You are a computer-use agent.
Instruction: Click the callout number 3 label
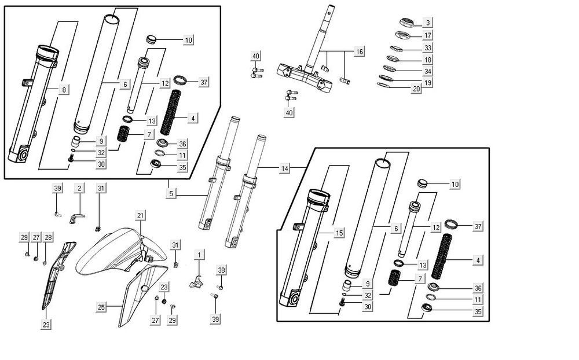(x=427, y=23)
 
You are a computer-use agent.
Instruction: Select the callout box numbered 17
(x=427, y=35)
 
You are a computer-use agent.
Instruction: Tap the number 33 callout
(x=427, y=47)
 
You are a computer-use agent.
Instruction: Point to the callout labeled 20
(x=416, y=89)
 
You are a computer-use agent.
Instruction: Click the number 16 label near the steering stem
(x=360, y=52)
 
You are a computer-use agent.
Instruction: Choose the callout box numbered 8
(x=64, y=89)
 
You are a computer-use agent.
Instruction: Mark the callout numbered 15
(x=339, y=232)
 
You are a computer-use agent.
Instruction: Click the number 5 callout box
(x=171, y=193)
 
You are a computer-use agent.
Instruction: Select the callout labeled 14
(x=284, y=168)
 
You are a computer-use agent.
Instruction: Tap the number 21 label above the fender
(x=140, y=216)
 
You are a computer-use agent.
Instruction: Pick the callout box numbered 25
(x=101, y=307)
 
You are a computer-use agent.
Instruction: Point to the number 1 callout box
(x=199, y=255)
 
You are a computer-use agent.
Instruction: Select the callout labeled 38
(x=221, y=270)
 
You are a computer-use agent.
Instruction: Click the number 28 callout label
(x=48, y=238)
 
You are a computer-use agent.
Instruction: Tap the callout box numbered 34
(x=427, y=72)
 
